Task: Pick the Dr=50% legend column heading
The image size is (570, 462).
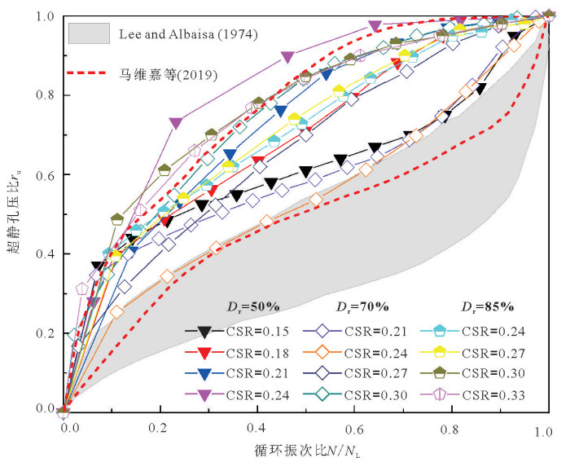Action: coord(253,307)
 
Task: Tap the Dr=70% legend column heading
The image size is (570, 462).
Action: coord(362,307)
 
